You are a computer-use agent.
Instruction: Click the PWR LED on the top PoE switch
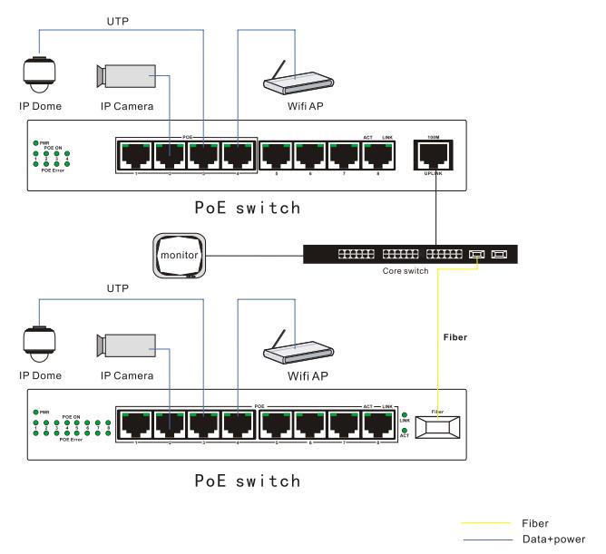point(34,143)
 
